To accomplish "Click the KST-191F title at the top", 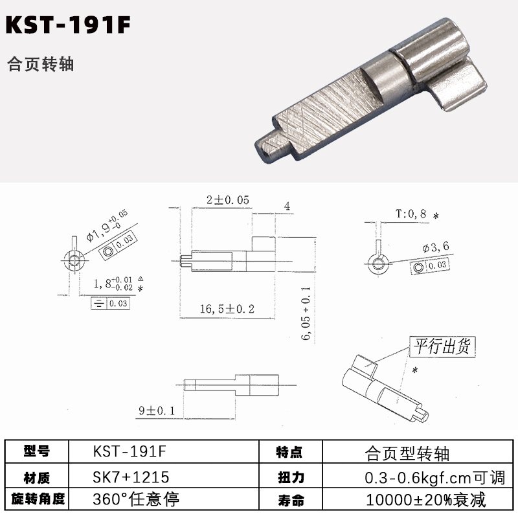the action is pyautogui.click(x=68, y=25).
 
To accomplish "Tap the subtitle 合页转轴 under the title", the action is pyautogui.click(x=40, y=64).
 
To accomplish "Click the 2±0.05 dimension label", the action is pyautogui.click(x=228, y=200).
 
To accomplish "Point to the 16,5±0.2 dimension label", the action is pyautogui.click(x=227, y=309).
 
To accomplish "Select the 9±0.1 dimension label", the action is pyautogui.click(x=157, y=411).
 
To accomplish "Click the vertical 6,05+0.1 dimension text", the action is pyautogui.click(x=306, y=313).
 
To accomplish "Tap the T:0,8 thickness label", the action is pyautogui.click(x=411, y=214).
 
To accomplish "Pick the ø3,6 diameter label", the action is pyautogui.click(x=436, y=247).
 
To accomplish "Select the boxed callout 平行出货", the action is pyautogui.click(x=442, y=346).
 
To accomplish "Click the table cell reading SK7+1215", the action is pyautogui.click(x=131, y=477).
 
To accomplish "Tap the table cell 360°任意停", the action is pyautogui.click(x=136, y=499).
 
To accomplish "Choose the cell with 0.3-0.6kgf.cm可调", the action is pyautogui.click(x=434, y=478).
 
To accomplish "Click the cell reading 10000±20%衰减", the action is pyautogui.click(x=426, y=499).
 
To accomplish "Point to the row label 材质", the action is pyautogui.click(x=37, y=478).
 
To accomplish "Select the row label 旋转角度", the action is pyautogui.click(x=38, y=499).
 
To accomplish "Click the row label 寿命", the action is pyautogui.click(x=291, y=500).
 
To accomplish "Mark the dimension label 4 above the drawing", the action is pyautogui.click(x=287, y=207).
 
